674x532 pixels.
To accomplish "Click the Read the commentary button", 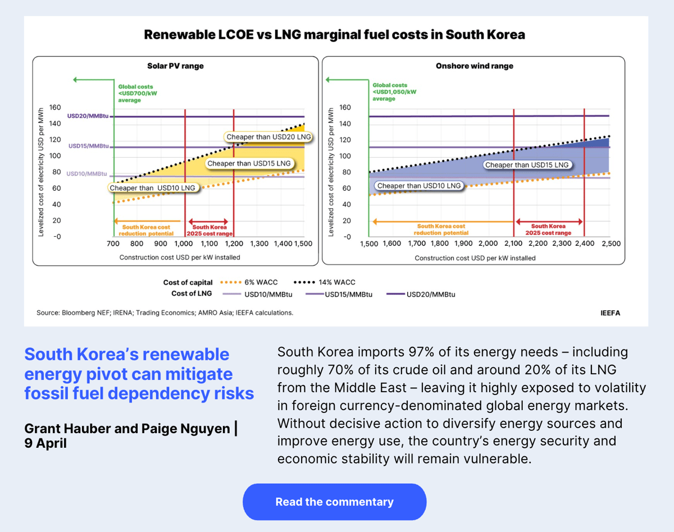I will point(334,502).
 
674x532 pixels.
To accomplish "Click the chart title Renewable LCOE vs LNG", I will point(334,35).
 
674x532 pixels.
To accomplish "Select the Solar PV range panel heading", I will point(175,66).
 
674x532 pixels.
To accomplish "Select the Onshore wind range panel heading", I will point(474,66).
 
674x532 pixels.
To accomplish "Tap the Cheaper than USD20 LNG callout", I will point(268,136).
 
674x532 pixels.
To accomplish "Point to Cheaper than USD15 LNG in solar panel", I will point(249,163).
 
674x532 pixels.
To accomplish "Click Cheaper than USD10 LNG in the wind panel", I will point(418,186).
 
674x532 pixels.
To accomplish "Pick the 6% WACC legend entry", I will point(249,282).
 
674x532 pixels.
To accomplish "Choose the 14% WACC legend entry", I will point(325,282).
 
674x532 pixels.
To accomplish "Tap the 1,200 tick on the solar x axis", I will point(234,244).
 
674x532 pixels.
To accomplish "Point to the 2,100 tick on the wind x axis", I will point(513,244).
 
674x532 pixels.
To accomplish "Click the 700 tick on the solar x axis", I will point(113,244).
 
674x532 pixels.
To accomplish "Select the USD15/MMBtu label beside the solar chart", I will point(89,146).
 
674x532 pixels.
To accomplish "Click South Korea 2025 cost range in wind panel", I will point(548,229).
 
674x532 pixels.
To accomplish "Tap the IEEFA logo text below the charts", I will point(610,313).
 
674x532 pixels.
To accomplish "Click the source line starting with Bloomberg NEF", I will point(165,313).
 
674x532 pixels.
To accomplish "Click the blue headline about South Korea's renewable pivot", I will point(139,374).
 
